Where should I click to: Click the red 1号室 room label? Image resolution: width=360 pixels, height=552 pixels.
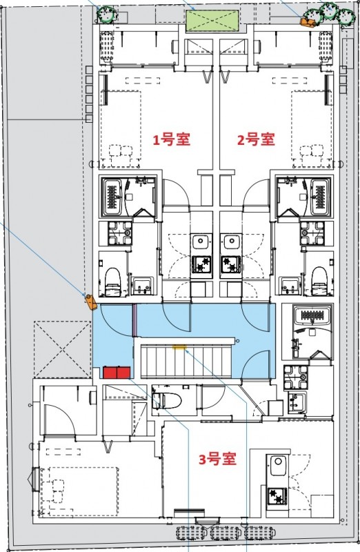pyautogui.click(x=172, y=139)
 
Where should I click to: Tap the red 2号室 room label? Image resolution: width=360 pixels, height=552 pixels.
pyautogui.click(x=256, y=139)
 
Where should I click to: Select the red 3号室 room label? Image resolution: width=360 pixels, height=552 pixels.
pyautogui.click(x=217, y=459)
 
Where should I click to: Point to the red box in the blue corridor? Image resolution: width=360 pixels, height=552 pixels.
pyautogui.click(x=117, y=373)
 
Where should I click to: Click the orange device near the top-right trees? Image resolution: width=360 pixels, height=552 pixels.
pyautogui.click(x=305, y=21)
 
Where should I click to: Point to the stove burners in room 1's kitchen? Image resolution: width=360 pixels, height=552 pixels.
pyautogui.click(x=201, y=264)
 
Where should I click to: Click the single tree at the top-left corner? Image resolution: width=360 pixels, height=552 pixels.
pyautogui.click(x=106, y=14)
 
